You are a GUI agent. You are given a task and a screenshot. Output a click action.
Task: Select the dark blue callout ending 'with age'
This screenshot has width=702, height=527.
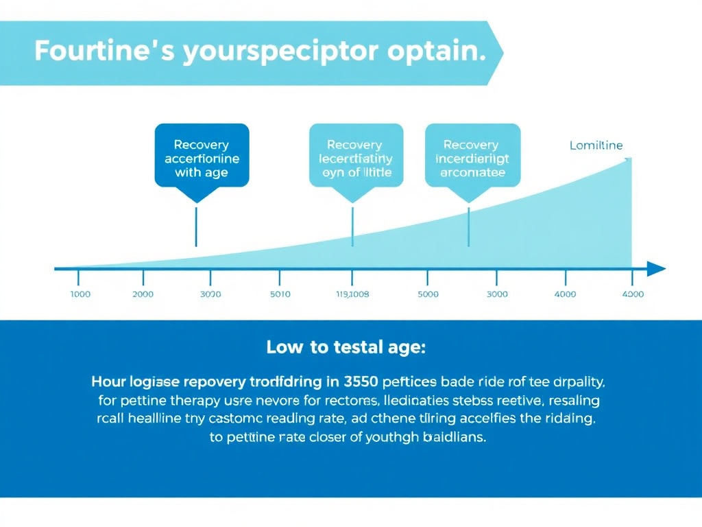pyautogui.click(x=202, y=156)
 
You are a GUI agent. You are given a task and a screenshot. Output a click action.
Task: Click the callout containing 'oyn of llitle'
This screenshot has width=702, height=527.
pyautogui.click(x=356, y=156)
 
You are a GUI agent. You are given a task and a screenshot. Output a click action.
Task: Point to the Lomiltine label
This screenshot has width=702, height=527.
pyautogui.click(x=596, y=145)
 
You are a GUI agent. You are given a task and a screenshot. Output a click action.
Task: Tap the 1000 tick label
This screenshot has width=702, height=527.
pyautogui.click(x=80, y=294)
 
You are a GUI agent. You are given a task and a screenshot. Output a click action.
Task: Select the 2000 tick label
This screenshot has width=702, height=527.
pyautogui.click(x=143, y=294)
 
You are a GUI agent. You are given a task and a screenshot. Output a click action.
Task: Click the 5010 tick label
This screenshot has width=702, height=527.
pyautogui.click(x=280, y=294)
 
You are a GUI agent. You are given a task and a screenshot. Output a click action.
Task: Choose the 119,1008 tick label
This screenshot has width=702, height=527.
pyautogui.click(x=352, y=294)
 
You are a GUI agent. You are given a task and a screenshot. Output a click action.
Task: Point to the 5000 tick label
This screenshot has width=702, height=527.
pyautogui.click(x=427, y=294)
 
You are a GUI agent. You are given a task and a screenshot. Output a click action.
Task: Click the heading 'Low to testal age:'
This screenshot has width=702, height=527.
pyautogui.click(x=346, y=347)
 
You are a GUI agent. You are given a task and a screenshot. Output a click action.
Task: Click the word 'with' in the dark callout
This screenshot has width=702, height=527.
pyautogui.click(x=187, y=172)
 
